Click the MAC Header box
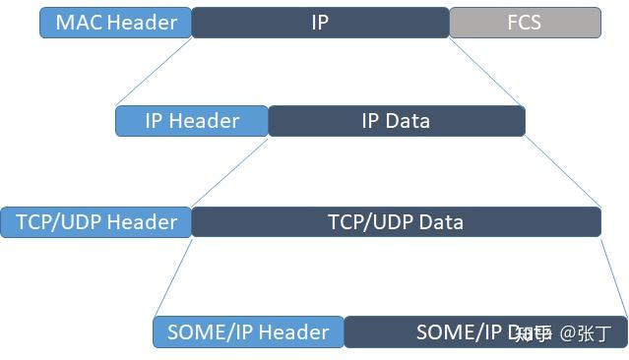[x=115, y=23]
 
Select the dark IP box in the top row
[x=320, y=23]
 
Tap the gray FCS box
[x=525, y=23]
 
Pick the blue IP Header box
[x=192, y=121]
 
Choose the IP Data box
[x=396, y=121]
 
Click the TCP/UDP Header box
[x=96, y=221]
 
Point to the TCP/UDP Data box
[x=396, y=221]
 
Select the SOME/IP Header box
[x=248, y=331]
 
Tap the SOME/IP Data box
[x=463, y=331]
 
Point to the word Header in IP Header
[x=203, y=121]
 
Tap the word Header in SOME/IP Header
[x=291, y=331]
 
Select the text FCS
[x=525, y=23]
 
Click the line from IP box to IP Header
[x=154, y=72]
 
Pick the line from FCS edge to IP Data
[x=488, y=72]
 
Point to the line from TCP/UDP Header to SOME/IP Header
[x=172, y=276]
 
